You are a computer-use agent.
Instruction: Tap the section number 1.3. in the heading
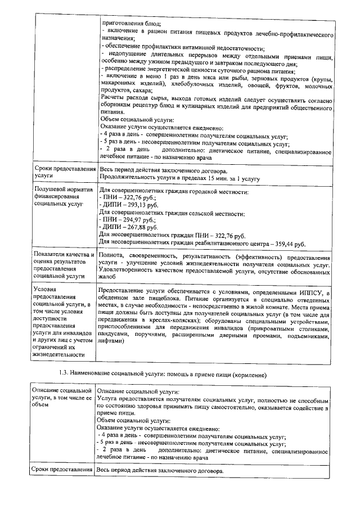click(65, 374)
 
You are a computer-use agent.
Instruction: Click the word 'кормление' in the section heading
click(246, 374)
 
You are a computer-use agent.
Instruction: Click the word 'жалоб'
click(106, 277)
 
